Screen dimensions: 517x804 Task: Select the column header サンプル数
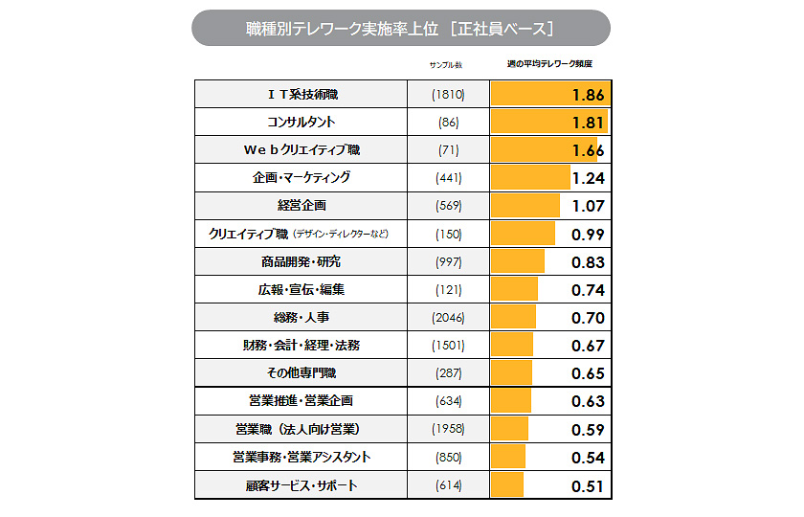(x=447, y=65)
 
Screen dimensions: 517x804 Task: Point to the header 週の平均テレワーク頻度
(x=548, y=65)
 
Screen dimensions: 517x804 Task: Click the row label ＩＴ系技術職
(x=301, y=95)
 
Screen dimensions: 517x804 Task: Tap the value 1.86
(x=587, y=95)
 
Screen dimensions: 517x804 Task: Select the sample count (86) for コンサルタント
(x=447, y=123)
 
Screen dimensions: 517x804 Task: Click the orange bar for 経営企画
(x=525, y=206)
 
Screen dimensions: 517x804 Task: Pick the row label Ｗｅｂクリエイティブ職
(x=301, y=150)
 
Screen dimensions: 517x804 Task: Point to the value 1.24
(x=587, y=178)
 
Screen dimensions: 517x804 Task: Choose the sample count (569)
(x=447, y=206)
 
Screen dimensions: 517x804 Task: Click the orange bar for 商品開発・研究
(x=517, y=261)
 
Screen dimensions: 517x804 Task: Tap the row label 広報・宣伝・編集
(x=301, y=289)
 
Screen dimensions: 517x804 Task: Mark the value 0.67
(x=587, y=346)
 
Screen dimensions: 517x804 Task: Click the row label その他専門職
(x=301, y=372)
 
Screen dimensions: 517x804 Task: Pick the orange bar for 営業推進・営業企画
(x=510, y=401)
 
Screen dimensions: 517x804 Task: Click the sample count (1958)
(x=447, y=429)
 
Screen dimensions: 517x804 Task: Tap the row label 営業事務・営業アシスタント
(x=301, y=458)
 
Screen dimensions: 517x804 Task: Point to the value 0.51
(x=587, y=486)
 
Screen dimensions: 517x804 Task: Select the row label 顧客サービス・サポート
(x=301, y=485)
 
